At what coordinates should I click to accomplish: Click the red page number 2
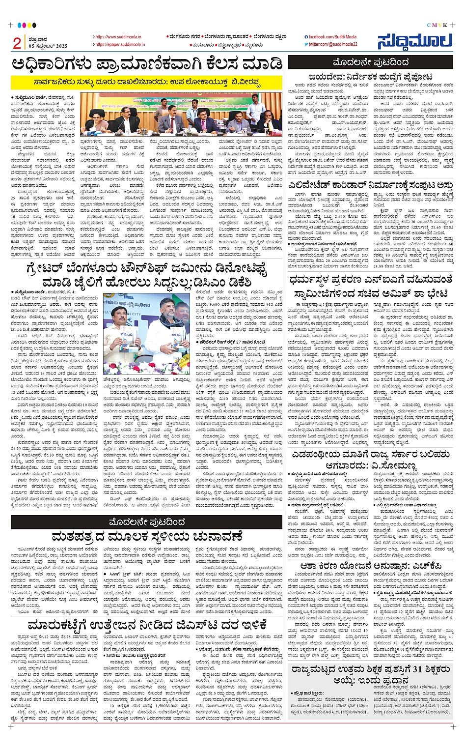(17, 44)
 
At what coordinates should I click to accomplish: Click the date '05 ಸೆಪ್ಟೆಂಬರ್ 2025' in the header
(48, 46)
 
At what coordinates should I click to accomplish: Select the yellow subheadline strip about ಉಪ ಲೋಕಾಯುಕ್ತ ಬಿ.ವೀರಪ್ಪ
(147, 82)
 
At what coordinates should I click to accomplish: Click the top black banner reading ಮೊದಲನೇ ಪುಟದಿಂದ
(370, 62)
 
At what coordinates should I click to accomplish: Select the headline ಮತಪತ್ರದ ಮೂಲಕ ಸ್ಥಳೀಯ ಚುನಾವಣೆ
(147, 536)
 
